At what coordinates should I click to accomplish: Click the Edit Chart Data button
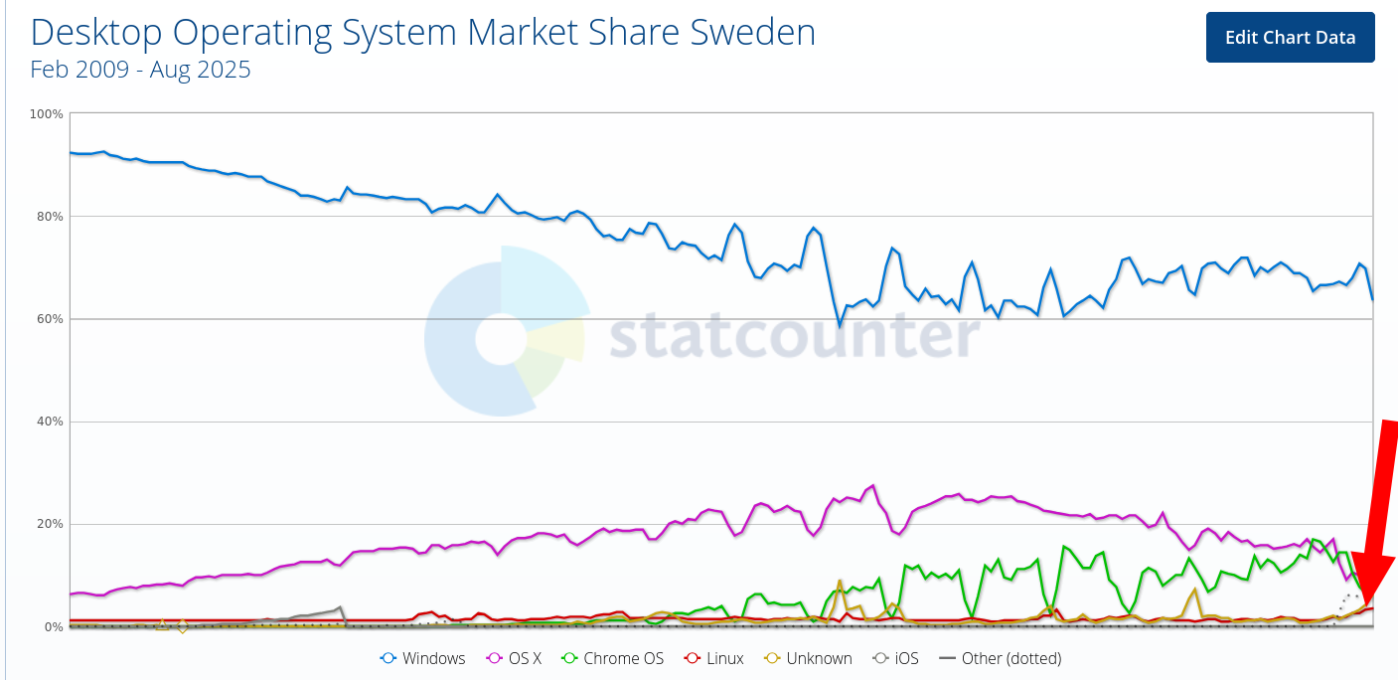point(1290,37)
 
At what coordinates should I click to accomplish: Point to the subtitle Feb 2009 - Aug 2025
point(140,70)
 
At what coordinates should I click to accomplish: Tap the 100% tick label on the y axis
point(47,114)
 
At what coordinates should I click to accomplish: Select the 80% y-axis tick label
point(50,217)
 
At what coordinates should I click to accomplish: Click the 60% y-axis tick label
point(50,319)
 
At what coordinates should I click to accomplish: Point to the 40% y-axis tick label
point(50,422)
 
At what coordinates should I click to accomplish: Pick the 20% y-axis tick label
point(50,524)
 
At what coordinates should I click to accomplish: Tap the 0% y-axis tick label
point(54,626)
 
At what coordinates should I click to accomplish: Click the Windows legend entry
point(423,658)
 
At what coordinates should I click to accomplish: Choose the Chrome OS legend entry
point(612,658)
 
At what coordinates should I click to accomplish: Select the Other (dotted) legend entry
point(1001,658)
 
